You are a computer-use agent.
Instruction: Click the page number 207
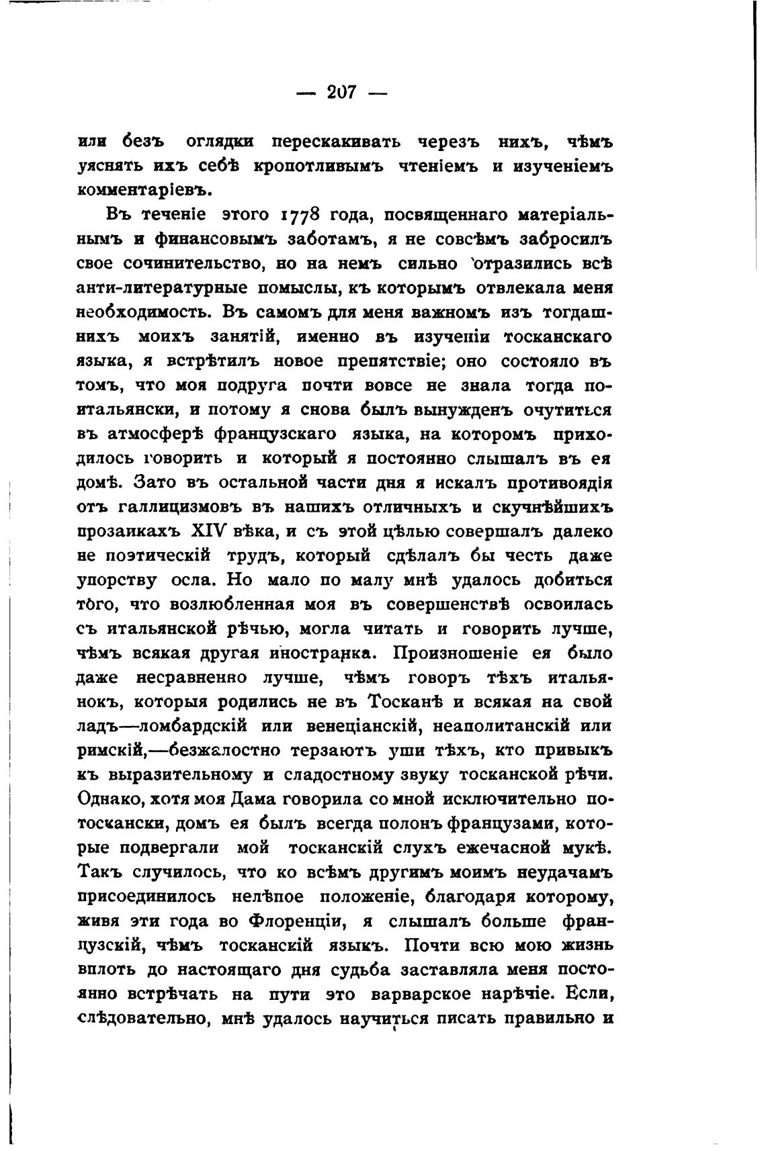tap(341, 92)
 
